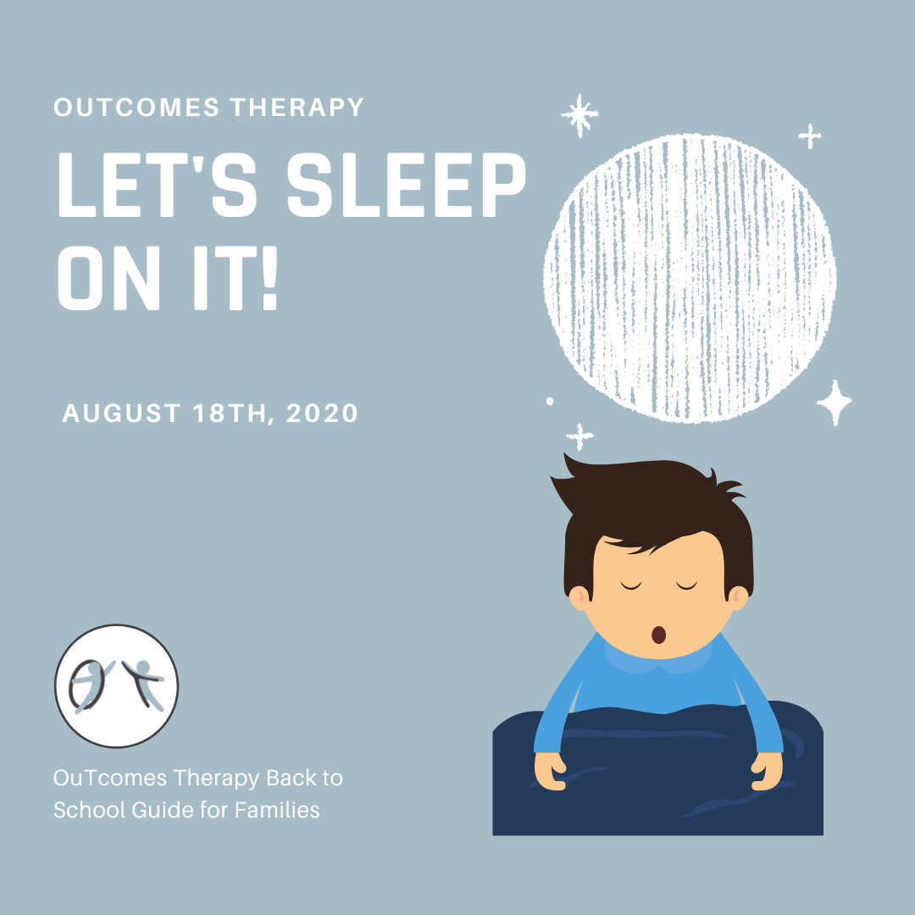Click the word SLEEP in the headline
407,185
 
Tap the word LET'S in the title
158,185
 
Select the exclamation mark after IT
269,278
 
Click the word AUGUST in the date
121,413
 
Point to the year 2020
322,413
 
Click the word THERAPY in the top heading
297,108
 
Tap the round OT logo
117,685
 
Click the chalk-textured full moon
690,279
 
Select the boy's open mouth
658,635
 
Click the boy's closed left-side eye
631,585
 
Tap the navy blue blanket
657,769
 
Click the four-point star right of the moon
835,402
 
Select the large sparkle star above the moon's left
579,115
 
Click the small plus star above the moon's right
809,136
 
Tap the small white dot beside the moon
550,401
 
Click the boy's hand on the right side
766,771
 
